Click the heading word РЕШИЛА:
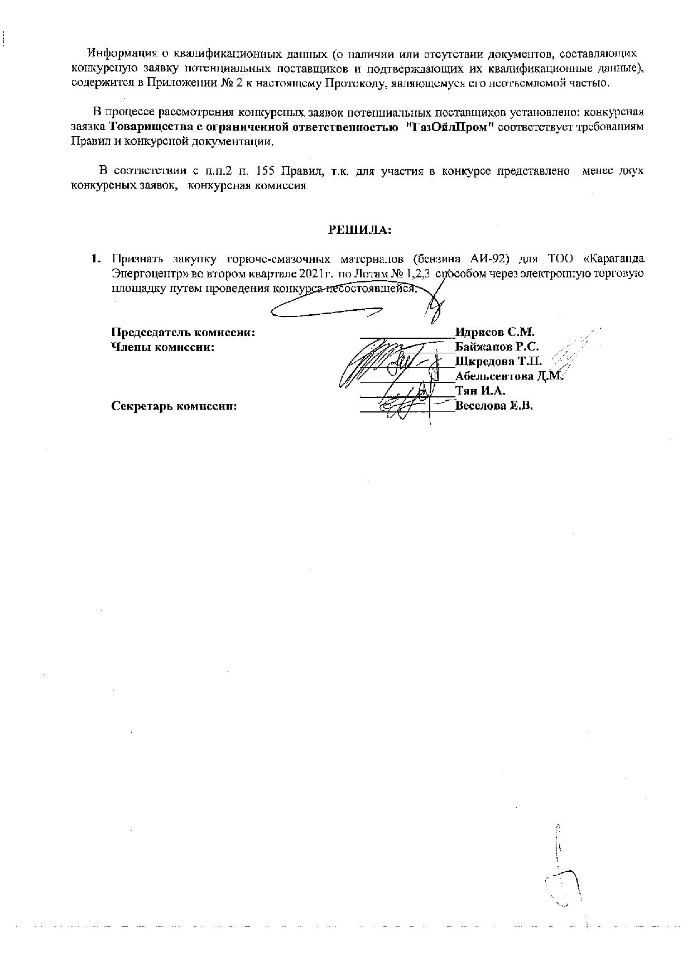[x=359, y=229]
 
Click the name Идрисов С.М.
[x=495, y=332]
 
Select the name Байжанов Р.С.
[x=497, y=347]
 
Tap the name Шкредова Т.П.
[x=498, y=361]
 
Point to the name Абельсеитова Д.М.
[x=509, y=376]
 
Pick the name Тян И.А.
[x=480, y=391]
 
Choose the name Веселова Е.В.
[x=494, y=406]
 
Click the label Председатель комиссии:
[x=184, y=332]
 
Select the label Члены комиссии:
[x=164, y=347]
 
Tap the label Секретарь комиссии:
[x=174, y=406]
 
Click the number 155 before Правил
[x=265, y=171]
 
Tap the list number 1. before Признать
[x=96, y=260]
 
